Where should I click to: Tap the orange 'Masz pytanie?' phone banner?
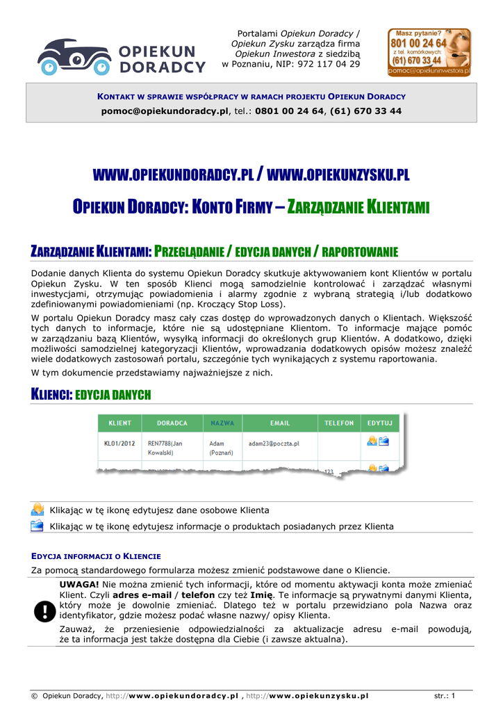429,52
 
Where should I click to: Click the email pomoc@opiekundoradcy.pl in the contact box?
165,111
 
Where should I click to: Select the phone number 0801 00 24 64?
289,111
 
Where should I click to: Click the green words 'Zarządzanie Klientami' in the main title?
358,207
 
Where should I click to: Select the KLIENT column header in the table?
119,423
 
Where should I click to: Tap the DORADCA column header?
172,423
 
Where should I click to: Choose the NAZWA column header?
222,423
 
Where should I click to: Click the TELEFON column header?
339,423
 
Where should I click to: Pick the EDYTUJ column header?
380,423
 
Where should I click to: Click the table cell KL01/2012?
119,443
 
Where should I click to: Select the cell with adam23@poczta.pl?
274,443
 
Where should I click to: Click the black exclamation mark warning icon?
44,611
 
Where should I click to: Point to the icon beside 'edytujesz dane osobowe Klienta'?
38,510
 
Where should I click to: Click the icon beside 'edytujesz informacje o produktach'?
38,526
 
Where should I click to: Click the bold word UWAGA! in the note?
79,584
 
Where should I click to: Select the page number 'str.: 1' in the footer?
445,695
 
